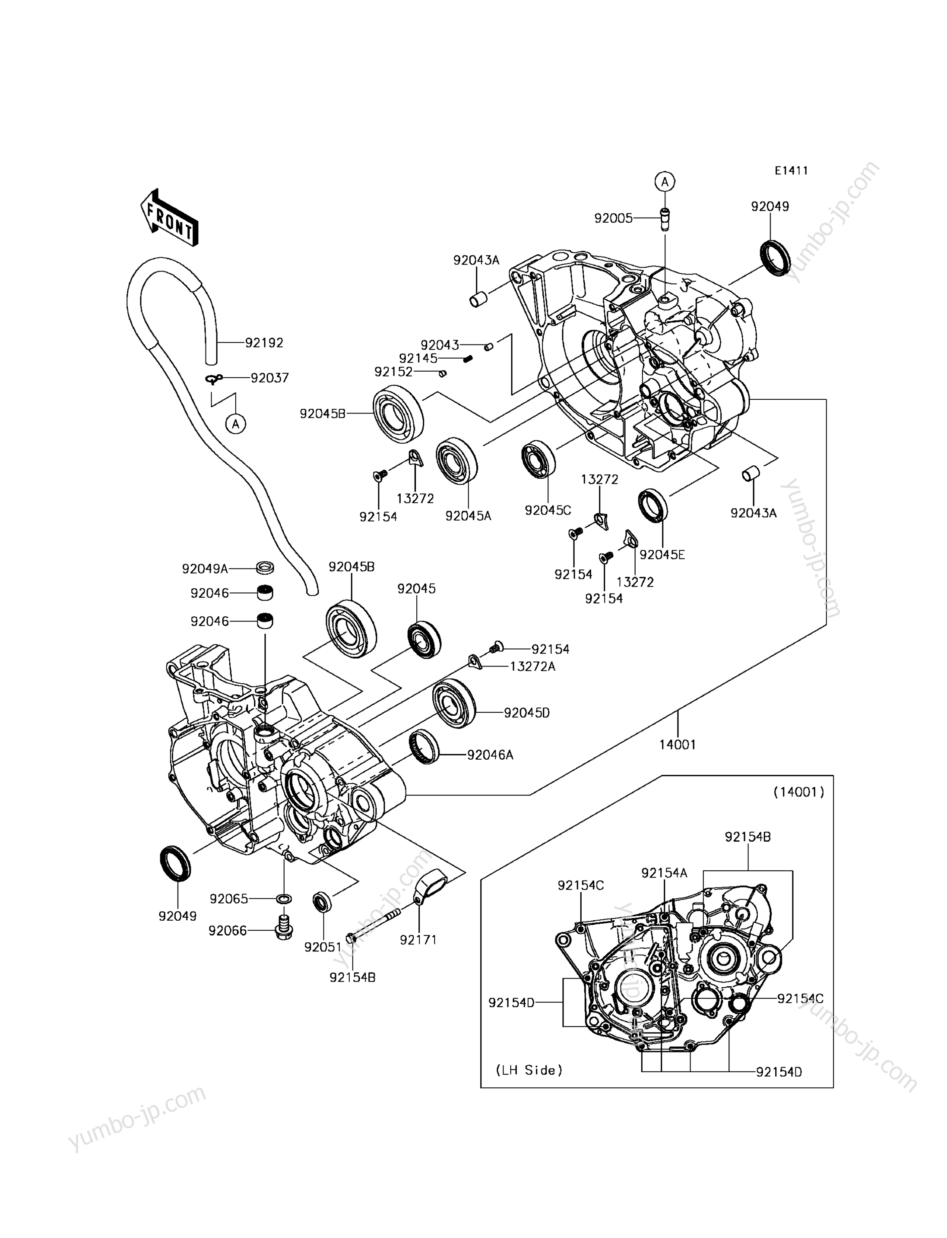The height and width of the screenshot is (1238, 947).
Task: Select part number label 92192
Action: click(264, 343)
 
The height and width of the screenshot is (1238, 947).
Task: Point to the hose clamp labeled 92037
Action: click(214, 380)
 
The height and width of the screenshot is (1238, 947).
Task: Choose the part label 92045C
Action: click(548, 510)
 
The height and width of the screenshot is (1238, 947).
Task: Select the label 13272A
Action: click(533, 666)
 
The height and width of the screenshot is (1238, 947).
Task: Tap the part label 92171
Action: click(418, 939)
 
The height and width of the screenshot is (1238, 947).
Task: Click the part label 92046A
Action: click(490, 755)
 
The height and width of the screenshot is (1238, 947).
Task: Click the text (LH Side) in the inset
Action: click(529, 1070)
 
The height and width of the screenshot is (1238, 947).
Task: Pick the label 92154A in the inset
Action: click(665, 873)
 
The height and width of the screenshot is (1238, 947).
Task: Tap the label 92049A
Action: click(205, 569)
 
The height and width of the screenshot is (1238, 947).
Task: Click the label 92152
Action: click(393, 372)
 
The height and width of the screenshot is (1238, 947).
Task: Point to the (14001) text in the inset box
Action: click(799, 792)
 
